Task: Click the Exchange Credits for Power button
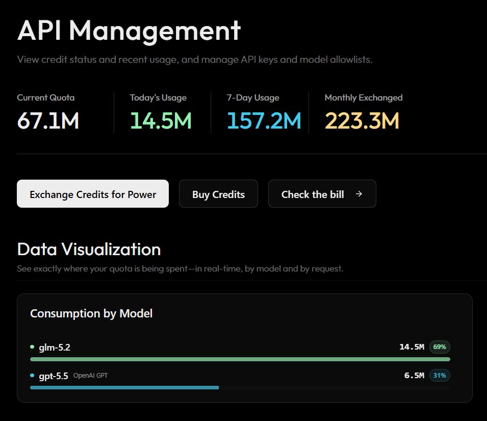(x=93, y=193)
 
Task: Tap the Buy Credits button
(x=218, y=193)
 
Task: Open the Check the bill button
(x=322, y=193)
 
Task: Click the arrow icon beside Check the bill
(x=359, y=194)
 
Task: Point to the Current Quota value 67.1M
(x=48, y=120)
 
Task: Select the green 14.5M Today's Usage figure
(x=161, y=120)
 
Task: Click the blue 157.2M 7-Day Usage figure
(x=264, y=120)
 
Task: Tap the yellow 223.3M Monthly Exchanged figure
(x=362, y=120)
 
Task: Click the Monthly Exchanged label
(x=364, y=98)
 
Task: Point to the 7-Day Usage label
(x=253, y=98)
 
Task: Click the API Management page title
(x=129, y=31)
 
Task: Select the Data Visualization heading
(x=89, y=249)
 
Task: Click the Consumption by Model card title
(x=91, y=313)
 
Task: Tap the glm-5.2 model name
(x=55, y=348)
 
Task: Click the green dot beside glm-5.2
(x=32, y=346)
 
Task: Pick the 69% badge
(x=440, y=346)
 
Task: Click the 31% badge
(x=440, y=375)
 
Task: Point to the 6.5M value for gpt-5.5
(x=414, y=375)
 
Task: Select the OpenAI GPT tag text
(x=90, y=375)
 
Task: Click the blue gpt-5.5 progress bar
(x=124, y=387)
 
